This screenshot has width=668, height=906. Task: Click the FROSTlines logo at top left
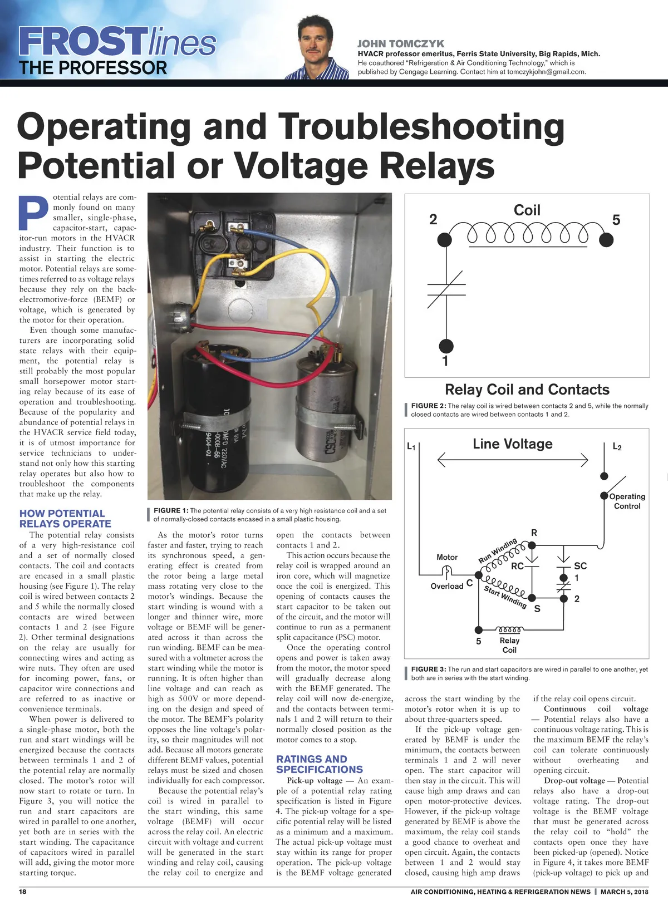click(117, 42)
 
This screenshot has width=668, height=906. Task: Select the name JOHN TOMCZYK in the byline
click(401, 43)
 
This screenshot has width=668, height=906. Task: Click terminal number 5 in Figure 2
click(616, 220)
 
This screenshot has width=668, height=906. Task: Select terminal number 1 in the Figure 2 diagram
click(445, 361)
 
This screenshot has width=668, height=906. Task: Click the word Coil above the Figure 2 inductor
click(527, 210)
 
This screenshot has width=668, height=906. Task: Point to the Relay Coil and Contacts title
click(527, 390)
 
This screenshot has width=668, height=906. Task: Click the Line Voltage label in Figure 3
click(513, 444)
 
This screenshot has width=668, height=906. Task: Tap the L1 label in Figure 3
click(411, 446)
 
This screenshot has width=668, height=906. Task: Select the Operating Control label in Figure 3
click(627, 501)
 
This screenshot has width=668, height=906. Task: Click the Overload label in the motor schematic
click(446, 586)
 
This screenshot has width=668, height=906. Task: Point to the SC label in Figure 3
click(580, 565)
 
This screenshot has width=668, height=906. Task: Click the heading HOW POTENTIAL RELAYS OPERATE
click(65, 519)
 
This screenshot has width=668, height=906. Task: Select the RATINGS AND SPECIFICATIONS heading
click(320, 764)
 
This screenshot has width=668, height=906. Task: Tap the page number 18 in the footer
click(23, 892)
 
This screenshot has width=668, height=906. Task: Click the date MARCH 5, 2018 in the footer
click(624, 892)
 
